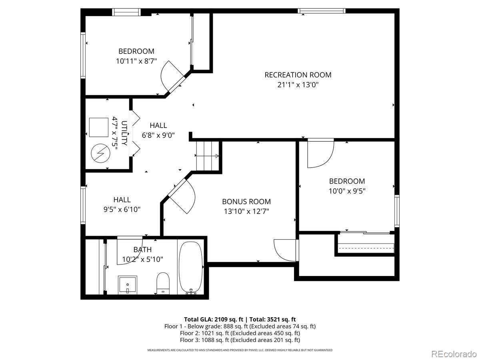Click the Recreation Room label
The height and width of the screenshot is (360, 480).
pos(298,75)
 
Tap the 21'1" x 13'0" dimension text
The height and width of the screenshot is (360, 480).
pos(298,85)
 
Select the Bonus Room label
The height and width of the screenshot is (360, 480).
pos(246,202)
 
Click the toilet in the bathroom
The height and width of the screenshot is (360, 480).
pos(163,283)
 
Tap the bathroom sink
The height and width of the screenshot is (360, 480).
pos(128,285)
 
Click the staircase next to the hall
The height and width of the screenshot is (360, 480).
pos(208,156)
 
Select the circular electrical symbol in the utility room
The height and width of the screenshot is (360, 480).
pos(100,153)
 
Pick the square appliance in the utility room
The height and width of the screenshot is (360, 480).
pos(99,128)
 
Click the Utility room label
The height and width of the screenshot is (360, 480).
pos(124,133)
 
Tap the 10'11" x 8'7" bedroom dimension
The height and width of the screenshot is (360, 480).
pos(136,61)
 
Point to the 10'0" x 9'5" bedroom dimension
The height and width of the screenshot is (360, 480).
pos(347,191)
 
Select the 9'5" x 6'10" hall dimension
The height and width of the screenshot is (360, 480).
pos(122,209)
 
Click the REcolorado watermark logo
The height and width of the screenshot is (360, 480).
pos(454,354)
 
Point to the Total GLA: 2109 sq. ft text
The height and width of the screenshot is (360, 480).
pos(214,319)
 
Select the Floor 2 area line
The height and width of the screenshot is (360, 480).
pos(240,333)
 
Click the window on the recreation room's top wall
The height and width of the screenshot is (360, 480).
pos(322,11)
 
